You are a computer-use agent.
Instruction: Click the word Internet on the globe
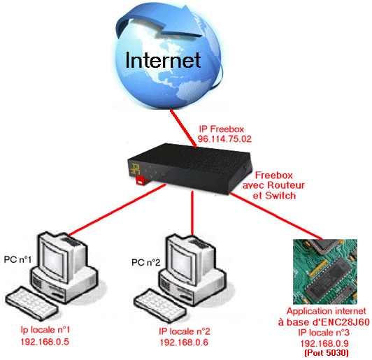click(x=163, y=60)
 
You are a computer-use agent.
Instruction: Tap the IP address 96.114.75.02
click(x=224, y=139)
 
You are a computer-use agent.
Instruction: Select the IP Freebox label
click(x=222, y=129)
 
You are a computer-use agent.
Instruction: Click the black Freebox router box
click(x=189, y=169)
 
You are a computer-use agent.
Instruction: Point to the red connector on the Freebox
click(x=142, y=180)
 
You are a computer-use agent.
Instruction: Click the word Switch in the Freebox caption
click(x=280, y=196)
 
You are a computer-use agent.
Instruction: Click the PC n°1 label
click(x=17, y=259)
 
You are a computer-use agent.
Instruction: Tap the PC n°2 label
click(x=146, y=263)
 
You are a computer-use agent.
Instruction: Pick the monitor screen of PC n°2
click(x=182, y=261)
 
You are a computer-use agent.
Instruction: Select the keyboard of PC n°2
click(x=159, y=305)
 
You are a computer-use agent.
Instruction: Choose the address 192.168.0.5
click(x=45, y=342)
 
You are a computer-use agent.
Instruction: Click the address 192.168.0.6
click(x=184, y=343)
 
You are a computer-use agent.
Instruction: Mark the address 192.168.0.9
click(x=324, y=343)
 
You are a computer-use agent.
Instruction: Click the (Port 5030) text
click(x=327, y=352)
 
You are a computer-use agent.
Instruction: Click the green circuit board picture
click(x=325, y=271)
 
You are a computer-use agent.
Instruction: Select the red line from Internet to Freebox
click(x=183, y=128)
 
